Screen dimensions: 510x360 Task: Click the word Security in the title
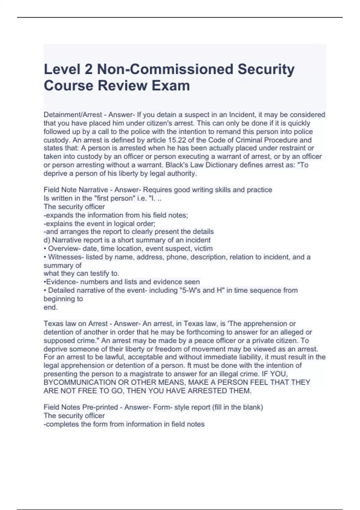coord(266,69)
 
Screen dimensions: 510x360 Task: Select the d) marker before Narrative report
coord(47,240)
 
